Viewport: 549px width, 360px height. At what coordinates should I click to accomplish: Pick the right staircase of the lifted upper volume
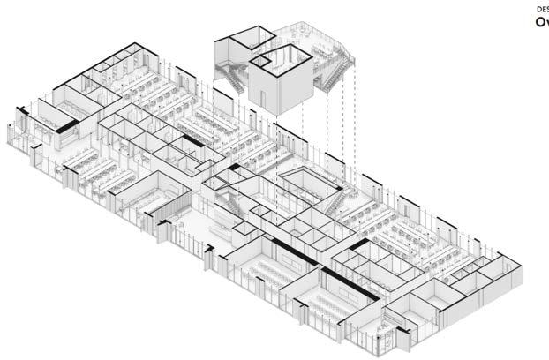point(333,77)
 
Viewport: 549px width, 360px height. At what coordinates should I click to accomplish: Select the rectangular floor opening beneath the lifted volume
point(311,183)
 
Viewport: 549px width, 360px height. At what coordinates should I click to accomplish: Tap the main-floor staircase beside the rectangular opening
point(337,203)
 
